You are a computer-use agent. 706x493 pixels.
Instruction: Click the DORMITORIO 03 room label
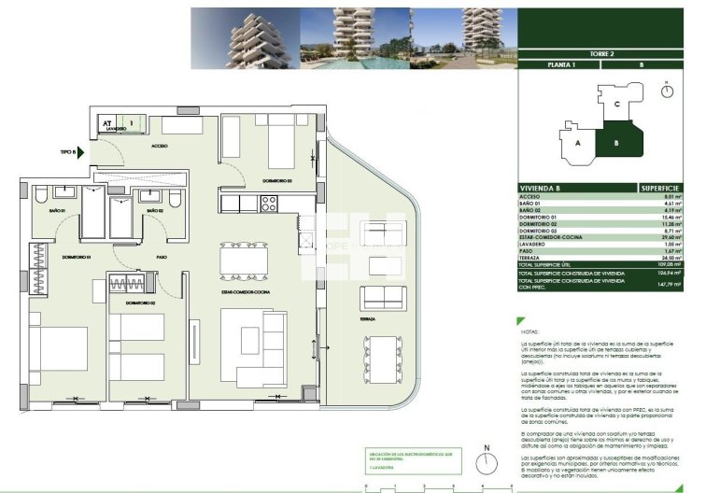[277, 179]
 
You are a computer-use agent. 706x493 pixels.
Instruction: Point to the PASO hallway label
[162, 257]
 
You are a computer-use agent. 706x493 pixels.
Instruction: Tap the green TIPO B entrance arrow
[81, 150]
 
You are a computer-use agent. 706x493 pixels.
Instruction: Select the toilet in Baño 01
[40, 197]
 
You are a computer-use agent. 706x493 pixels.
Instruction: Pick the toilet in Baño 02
[175, 198]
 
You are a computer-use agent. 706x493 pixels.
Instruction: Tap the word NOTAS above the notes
[531, 331]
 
